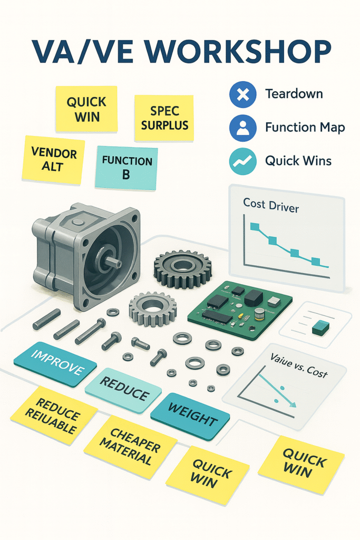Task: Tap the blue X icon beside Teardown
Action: pyautogui.click(x=242, y=95)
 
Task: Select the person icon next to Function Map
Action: pyautogui.click(x=242, y=128)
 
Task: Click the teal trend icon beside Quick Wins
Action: pyautogui.click(x=242, y=160)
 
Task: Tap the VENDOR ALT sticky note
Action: pyautogui.click(x=54, y=160)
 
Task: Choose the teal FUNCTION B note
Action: pyautogui.click(x=127, y=167)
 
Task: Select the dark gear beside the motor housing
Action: pyautogui.click(x=182, y=269)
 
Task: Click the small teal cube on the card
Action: pyautogui.click(x=319, y=329)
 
